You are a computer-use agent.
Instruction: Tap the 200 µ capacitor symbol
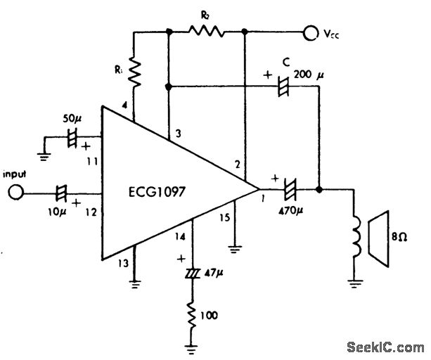point(284,88)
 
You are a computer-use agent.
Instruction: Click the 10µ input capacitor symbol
point(61,191)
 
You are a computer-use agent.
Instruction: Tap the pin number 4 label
point(125,105)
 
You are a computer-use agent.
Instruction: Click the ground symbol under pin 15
point(234,248)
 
